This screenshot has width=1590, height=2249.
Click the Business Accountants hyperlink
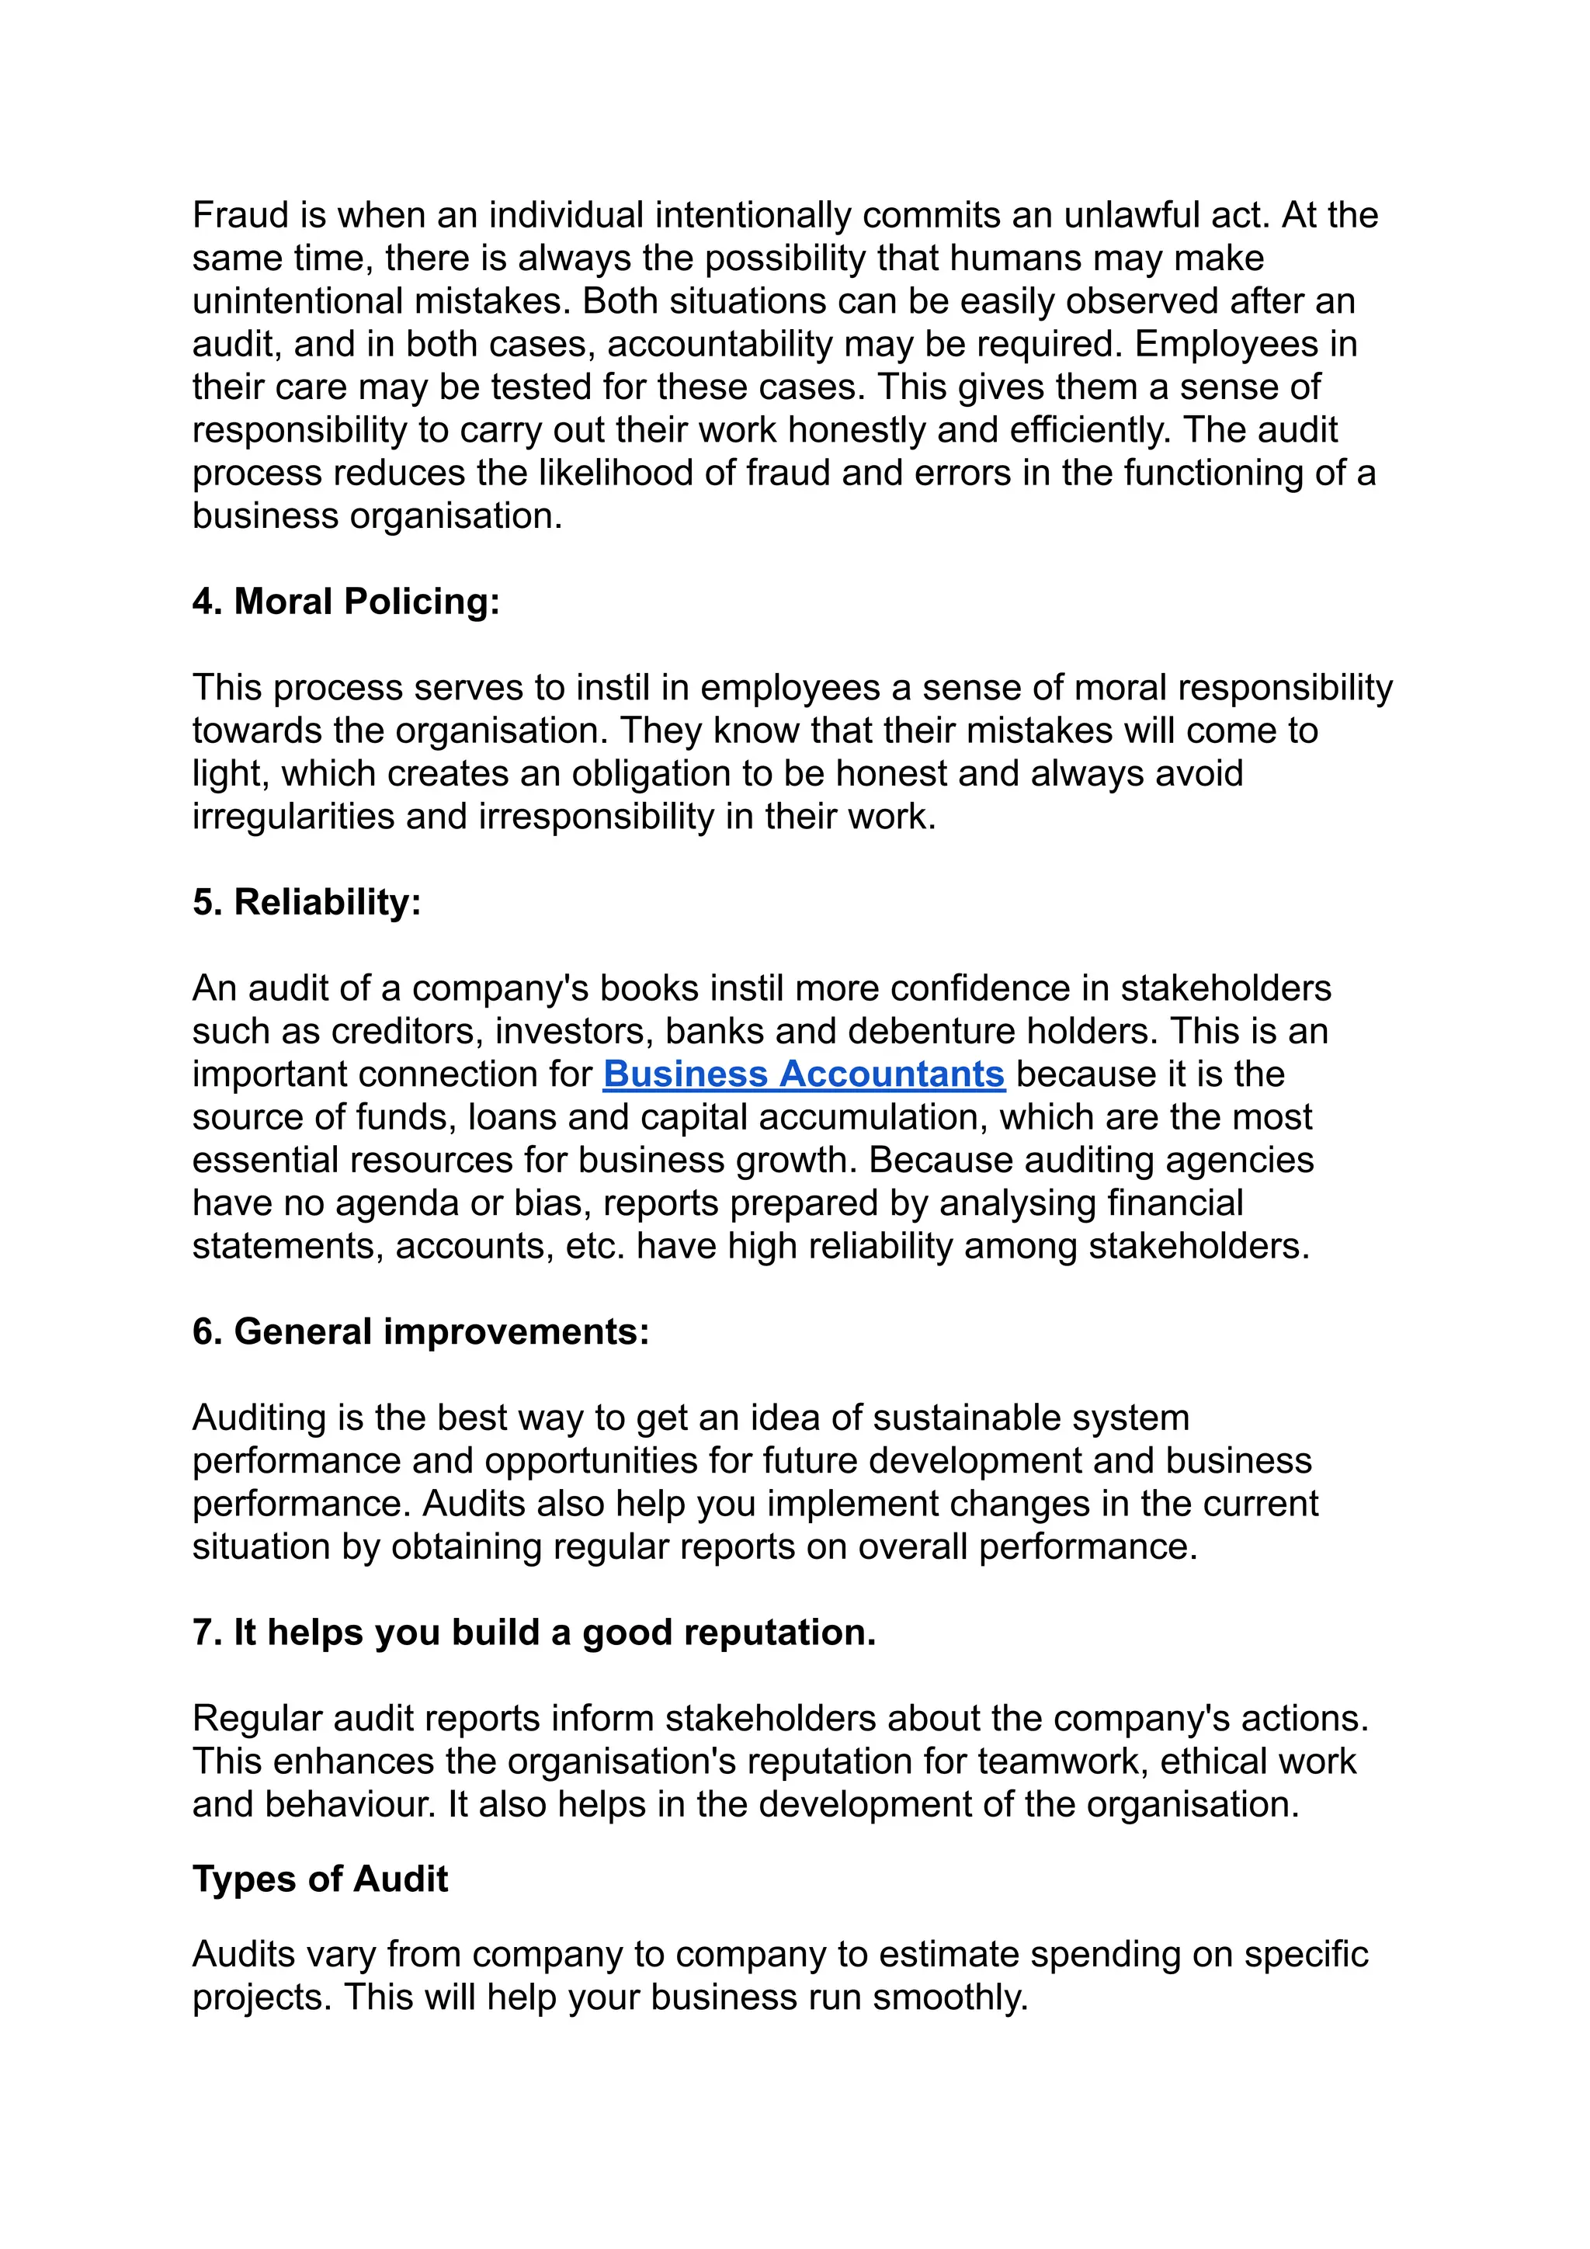tap(804, 1074)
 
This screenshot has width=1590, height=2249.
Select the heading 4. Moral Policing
tap(345, 602)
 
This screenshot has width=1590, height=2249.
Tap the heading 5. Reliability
tap(307, 902)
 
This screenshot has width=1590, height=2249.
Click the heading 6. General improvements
tap(420, 1332)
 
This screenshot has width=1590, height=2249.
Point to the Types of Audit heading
tap(321, 1879)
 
